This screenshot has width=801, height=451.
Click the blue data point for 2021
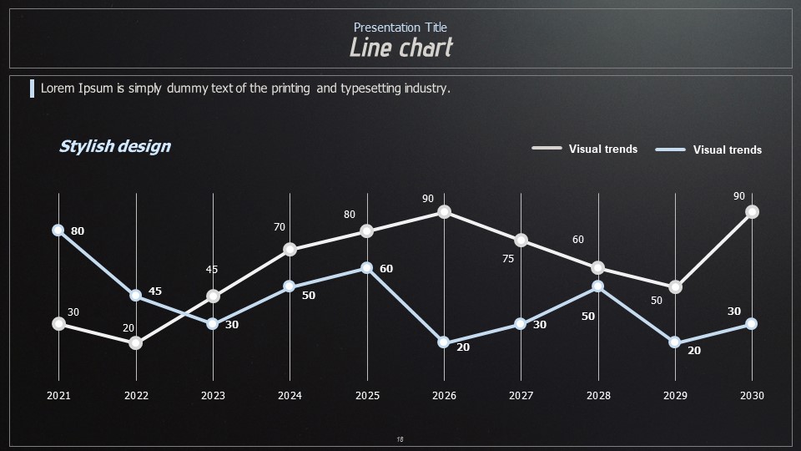[x=58, y=230]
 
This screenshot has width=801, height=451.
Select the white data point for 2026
[x=444, y=212]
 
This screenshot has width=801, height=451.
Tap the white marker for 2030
[x=752, y=211]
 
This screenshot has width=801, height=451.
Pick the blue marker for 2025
[x=366, y=267]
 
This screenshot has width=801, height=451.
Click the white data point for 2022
[x=136, y=342]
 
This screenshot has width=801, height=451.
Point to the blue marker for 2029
[x=675, y=342]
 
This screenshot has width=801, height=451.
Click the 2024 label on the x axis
[x=290, y=395]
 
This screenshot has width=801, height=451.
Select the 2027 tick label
[x=521, y=395]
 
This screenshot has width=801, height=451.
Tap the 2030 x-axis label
[x=751, y=395]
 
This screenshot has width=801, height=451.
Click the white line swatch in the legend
[x=547, y=149]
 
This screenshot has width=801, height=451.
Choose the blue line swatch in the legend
[x=671, y=149]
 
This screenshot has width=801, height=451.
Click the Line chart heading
[x=400, y=48]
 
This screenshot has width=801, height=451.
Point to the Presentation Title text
[x=400, y=28]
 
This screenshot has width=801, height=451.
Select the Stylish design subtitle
[x=114, y=146]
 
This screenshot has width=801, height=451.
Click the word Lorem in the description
[x=58, y=88]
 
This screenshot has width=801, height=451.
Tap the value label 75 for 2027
[x=508, y=259]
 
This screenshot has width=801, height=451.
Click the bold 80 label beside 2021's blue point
[x=78, y=231]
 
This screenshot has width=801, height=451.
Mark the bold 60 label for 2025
[x=386, y=269]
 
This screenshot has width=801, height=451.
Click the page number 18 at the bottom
[x=400, y=438]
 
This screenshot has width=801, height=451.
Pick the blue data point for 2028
[x=597, y=286]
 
